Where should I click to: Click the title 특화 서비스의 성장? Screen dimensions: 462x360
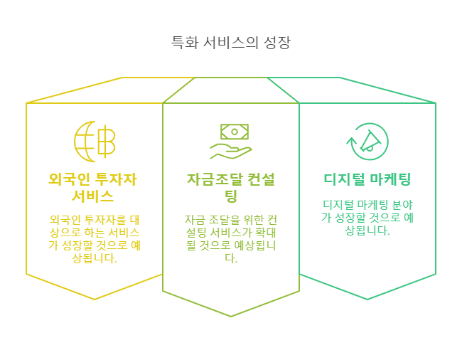(230, 43)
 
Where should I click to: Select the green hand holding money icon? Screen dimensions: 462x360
(230, 141)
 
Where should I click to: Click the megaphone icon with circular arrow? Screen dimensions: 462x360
(367, 141)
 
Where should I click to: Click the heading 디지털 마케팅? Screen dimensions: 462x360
(367, 179)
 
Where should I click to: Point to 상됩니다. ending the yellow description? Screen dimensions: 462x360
(95, 258)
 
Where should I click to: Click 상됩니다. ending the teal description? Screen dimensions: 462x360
(367, 231)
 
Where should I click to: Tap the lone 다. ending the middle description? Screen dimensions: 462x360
(231, 258)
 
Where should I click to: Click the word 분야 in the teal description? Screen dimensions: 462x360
(400, 205)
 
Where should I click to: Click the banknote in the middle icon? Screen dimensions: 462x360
(234, 131)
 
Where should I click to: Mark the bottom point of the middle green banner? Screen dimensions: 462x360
(231, 316)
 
